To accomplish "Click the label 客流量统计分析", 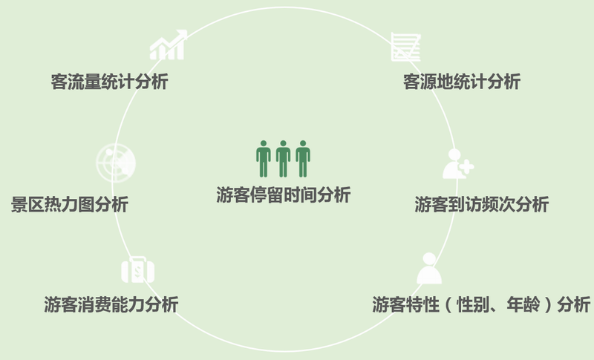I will (109, 82).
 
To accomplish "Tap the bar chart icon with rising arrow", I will (168, 46).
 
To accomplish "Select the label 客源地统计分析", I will (461, 82).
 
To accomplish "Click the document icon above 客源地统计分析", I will (405, 48).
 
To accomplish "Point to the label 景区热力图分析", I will (70, 204).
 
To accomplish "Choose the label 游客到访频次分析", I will (481, 205).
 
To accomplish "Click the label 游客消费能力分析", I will (111, 304).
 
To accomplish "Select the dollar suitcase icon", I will (137, 270).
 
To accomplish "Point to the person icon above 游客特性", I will (429, 269).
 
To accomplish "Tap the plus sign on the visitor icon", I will (466, 168).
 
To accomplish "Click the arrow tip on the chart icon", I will (183, 33).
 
